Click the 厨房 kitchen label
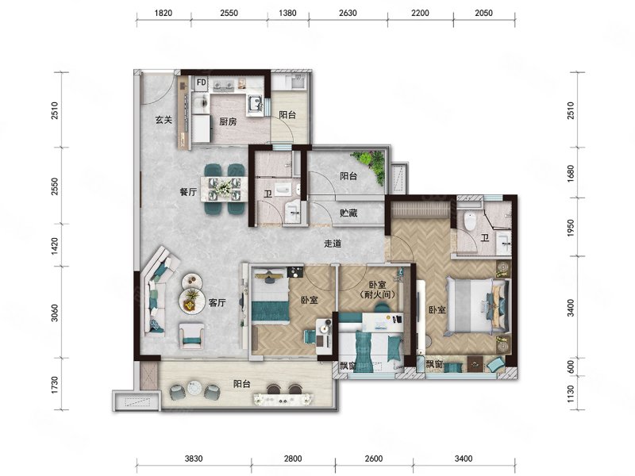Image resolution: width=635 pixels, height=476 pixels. (228, 121)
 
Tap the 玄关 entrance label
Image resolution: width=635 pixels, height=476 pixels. (164, 121)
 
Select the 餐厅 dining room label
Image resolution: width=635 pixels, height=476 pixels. (188, 192)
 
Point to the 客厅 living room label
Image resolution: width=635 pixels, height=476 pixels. (217, 303)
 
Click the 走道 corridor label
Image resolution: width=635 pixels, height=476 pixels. (333, 244)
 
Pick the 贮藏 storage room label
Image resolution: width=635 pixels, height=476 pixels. (348, 213)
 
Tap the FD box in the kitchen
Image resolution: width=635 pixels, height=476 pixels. (202, 83)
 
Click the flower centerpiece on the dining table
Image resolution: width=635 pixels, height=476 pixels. (224, 187)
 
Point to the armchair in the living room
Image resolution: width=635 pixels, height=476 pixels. (192, 335)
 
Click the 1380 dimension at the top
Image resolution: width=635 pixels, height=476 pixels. (287, 13)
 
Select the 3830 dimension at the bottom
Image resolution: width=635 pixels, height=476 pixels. (194, 459)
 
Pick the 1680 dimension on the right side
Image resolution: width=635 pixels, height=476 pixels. (571, 173)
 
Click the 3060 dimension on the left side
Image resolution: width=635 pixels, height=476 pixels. (55, 313)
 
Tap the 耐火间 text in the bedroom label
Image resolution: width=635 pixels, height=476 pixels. (377, 294)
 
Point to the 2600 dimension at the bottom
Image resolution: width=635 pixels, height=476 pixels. (373, 459)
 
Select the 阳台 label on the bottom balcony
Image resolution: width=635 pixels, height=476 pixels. (242, 384)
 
